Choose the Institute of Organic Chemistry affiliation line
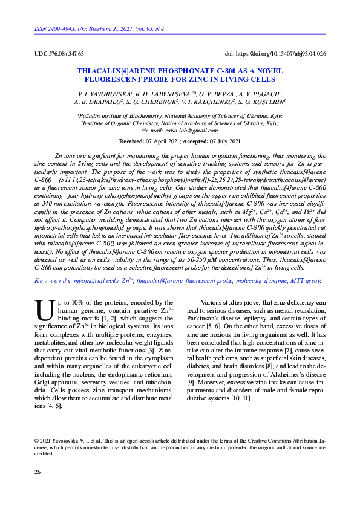180,123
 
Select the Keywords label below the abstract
55,280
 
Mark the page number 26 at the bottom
38,472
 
